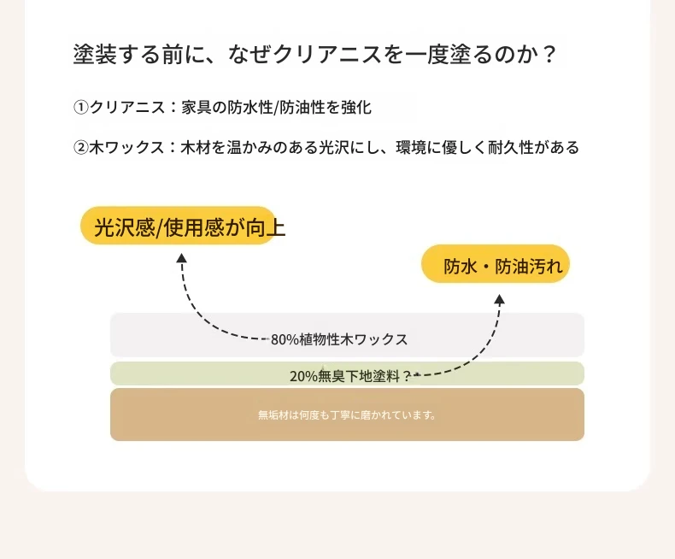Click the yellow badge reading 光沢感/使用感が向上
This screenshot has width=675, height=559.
pos(178,226)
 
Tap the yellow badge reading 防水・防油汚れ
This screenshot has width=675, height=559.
pos(496,264)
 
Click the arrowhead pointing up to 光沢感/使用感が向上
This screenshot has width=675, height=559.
pos(182,257)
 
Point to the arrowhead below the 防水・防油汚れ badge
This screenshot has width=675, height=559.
pos(499,299)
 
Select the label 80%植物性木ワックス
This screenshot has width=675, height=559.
pos(339,339)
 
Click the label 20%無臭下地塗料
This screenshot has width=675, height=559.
pos(346,376)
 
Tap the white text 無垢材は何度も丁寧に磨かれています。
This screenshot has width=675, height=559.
pos(347,415)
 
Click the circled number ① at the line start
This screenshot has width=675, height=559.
pos(80,107)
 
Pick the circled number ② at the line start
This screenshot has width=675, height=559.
pos(80,148)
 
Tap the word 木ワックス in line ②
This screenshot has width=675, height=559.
pos(127,148)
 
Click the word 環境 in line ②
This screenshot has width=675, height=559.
pos(411,148)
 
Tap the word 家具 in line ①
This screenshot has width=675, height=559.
pos(197,107)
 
